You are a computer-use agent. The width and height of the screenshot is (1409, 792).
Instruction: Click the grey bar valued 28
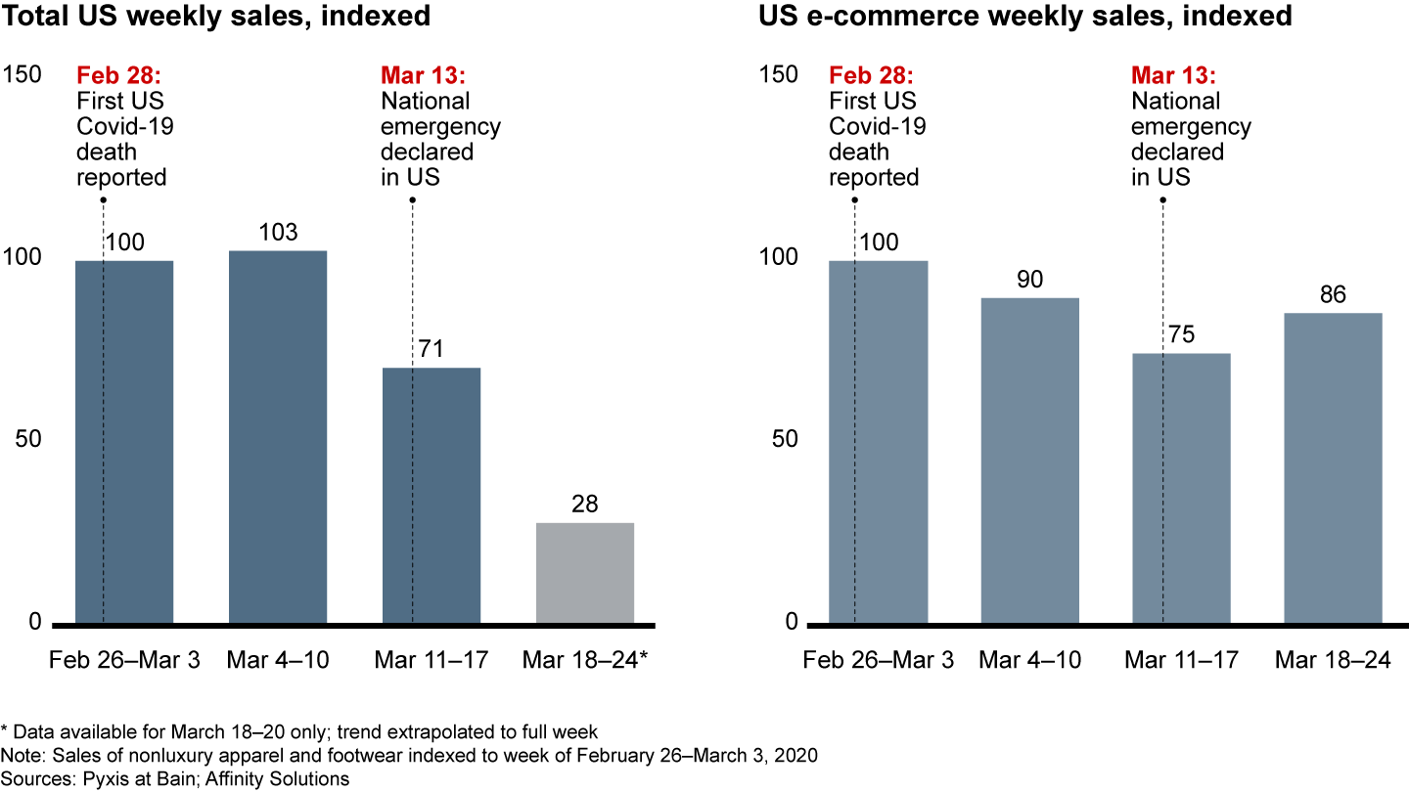click(x=585, y=573)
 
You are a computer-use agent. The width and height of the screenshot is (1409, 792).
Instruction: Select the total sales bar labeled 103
click(x=278, y=437)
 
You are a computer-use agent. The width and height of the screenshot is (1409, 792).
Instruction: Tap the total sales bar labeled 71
click(x=432, y=495)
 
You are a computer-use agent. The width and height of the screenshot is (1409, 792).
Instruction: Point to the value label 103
click(x=278, y=233)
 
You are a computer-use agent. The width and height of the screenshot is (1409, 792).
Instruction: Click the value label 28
click(x=585, y=505)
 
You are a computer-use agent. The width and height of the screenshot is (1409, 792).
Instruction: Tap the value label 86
click(x=1334, y=294)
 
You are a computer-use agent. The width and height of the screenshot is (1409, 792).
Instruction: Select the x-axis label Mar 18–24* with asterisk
click(x=586, y=660)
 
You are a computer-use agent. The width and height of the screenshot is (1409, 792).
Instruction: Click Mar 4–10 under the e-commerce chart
click(x=1030, y=660)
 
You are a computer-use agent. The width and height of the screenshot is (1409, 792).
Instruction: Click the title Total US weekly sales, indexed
click(x=216, y=17)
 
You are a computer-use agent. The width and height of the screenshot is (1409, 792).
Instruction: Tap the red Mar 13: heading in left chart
click(x=423, y=75)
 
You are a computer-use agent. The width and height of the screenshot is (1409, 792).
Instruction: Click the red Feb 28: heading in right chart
click(x=871, y=75)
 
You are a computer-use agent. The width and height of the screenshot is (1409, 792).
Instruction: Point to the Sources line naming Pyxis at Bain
click(x=175, y=778)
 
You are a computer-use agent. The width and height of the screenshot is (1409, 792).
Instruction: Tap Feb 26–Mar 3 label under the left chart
click(x=124, y=660)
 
